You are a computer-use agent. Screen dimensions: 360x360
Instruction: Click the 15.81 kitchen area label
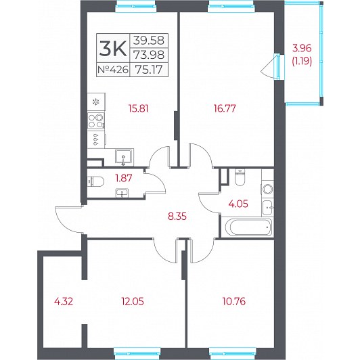(139, 108)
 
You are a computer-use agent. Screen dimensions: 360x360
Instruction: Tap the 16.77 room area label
(225, 108)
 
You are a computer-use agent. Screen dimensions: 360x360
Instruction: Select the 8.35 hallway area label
(177, 217)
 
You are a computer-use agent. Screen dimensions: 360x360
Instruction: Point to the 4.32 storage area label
(64, 301)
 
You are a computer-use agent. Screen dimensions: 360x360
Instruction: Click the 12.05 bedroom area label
(133, 301)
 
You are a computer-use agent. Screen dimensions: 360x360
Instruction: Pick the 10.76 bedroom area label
(234, 301)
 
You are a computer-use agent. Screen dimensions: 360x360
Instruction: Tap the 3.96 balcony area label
(302, 48)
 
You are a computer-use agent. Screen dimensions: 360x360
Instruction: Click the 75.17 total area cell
(149, 69)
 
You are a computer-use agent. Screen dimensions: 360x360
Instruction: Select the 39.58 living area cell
(149, 41)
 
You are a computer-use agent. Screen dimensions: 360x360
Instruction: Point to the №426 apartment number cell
(113, 69)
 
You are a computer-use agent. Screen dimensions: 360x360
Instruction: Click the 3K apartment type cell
(113, 48)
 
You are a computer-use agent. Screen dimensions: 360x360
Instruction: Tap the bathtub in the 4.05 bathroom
(249, 227)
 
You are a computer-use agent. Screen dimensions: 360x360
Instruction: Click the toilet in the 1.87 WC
(95, 181)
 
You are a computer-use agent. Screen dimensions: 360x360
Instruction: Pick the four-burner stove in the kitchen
(96, 121)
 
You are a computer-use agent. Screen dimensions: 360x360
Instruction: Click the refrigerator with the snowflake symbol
(96, 102)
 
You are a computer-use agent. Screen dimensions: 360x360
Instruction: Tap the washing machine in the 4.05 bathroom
(268, 189)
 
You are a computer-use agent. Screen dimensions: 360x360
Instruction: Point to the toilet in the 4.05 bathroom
(240, 177)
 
